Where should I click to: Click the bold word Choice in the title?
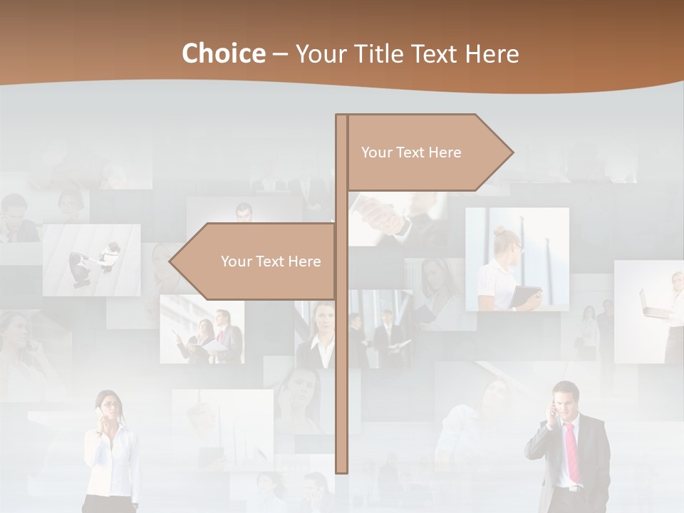222,53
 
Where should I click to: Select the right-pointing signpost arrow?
427,152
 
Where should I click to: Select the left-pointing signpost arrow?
256,261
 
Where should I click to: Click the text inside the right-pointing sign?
411,152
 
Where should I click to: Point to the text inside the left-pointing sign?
271,261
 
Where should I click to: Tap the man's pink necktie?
572,452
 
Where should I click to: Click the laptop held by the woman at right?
652,306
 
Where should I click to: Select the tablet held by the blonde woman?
527,296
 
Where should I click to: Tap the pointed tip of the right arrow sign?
511,152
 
